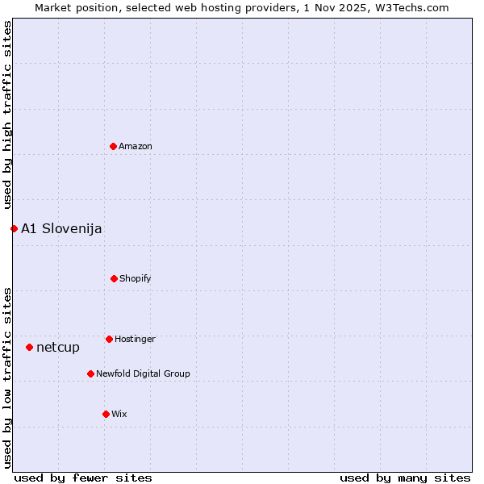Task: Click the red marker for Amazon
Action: pyautogui.click(x=114, y=146)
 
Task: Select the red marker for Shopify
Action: pyautogui.click(x=114, y=278)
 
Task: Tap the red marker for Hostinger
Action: pyautogui.click(x=109, y=339)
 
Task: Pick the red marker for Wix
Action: pyautogui.click(x=106, y=414)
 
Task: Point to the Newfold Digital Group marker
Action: pyautogui.click(x=90, y=373)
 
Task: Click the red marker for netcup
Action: pyautogui.click(x=29, y=347)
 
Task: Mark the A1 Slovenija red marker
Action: pyautogui.click(x=14, y=228)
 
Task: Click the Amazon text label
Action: pyautogui.click(x=136, y=146)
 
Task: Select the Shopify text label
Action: pyautogui.click(x=136, y=278)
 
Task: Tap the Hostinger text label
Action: pyautogui.click(x=135, y=339)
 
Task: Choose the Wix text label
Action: pyautogui.click(x=119, y=414)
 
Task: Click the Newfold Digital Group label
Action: pyautogui.click(x=143, y=373)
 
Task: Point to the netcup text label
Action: pyautogui.click(x=58, y=348)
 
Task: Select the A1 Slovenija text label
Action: pyautogui.click(x=61, y=229)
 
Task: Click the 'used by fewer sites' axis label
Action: pyautogui.click(x=83, y=478)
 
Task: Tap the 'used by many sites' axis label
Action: pyautogui.click(x=405, y=478)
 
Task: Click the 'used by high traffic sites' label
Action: pyautogui.click(x=7, y=115)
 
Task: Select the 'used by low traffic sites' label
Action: pyautogui.click(x=7, y=377)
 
